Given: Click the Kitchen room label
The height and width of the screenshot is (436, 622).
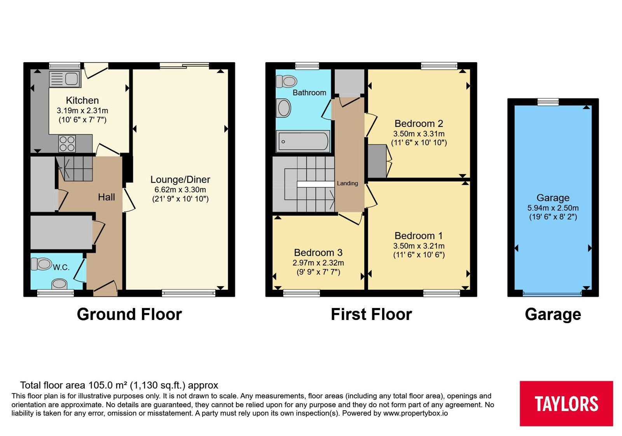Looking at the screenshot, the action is (x=82, y=100).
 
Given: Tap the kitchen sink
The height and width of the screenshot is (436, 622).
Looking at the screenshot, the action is (x=65, y=79).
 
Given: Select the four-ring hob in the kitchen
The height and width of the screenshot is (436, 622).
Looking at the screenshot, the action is (x=67, y=143).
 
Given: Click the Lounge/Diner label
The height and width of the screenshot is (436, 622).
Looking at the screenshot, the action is (x=180, y=179).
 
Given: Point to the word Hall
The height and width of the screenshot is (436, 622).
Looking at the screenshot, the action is (x=107, y=197).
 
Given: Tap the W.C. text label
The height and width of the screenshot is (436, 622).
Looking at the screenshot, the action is (x=61, y=267).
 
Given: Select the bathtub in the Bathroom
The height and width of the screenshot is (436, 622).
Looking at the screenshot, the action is (x=303, y=142).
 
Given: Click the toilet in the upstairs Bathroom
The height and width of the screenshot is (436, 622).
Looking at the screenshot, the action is (x=287, y=81).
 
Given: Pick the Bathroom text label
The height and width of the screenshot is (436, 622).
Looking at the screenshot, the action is (x=309, y=93).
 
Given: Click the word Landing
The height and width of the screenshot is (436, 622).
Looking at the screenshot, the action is (x=348, y=183).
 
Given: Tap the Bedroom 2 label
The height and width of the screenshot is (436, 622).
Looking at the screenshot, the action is (x=419, y=123).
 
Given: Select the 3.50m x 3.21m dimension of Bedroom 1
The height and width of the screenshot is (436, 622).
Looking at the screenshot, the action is (x=419, y=246).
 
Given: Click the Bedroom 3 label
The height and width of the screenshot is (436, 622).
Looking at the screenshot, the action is (x=318, y=253).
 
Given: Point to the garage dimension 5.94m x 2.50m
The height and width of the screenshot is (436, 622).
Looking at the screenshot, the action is (x=553, y=208).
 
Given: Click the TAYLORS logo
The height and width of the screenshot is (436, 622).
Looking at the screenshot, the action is (x=566, y=403).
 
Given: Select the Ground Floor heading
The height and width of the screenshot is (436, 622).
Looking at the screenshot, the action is (x=129, y=314).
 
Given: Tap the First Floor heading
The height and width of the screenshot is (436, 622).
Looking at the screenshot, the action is (x=371, y=314).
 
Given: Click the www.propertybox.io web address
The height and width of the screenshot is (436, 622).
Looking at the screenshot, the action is (x=416, y=413).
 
